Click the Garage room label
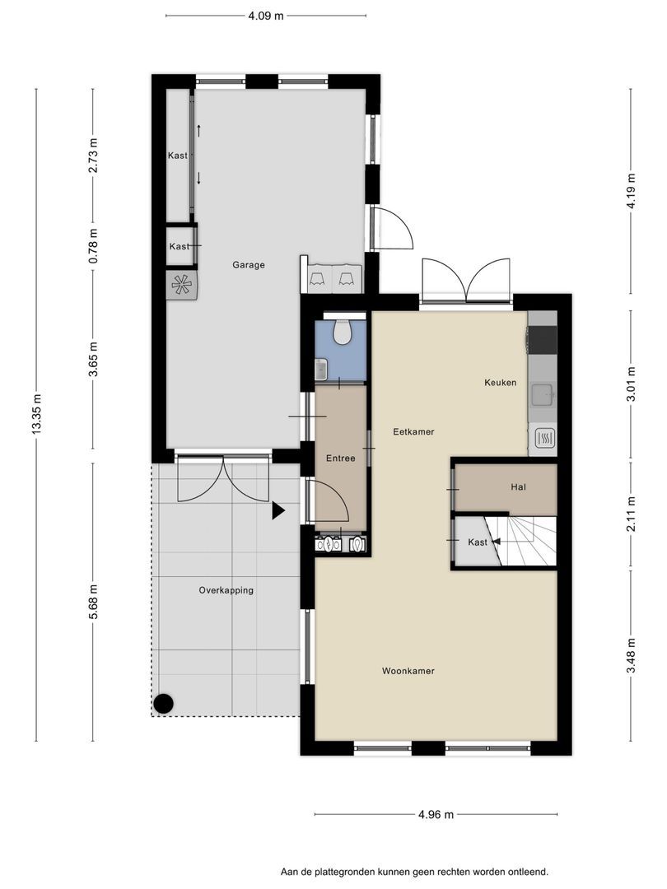point(249,265)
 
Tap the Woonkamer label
point(408,671)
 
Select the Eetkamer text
point(413,431)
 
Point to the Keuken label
point(501,383)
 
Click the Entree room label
point(340,458)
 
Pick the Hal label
point(519,486)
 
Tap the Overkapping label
point(226,590)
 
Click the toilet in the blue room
point(342,333)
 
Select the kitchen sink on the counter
point(542,395)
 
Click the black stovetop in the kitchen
point(543,339)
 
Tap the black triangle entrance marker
point(278,511)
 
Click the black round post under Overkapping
point(164,704)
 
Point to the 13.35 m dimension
point(37,414)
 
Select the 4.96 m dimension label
point(436,815)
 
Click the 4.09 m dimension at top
point(265,16)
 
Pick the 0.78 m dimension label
point(94,245)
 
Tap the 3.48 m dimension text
point(631,656)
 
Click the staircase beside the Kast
point(525,542)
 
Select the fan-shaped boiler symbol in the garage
point(182,284)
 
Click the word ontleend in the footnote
point(529,872)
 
